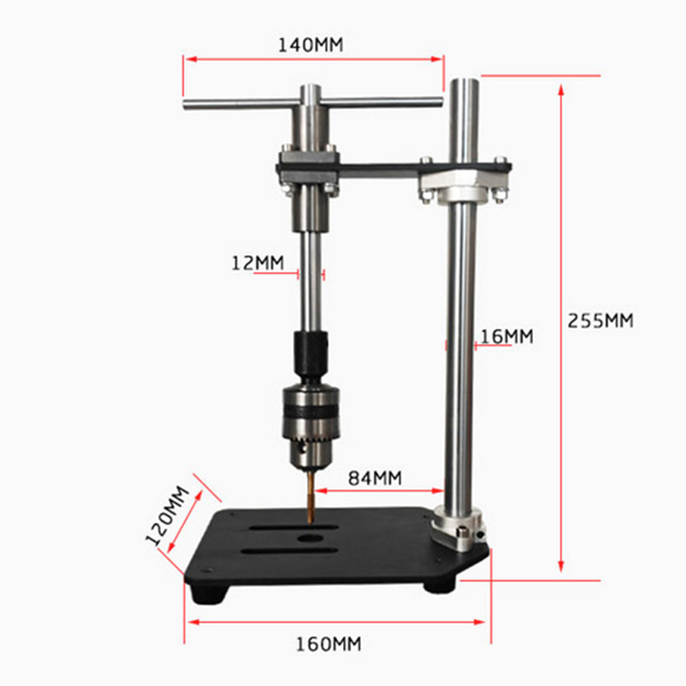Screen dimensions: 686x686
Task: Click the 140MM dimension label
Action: [x=310, y=45]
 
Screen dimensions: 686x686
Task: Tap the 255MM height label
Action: [x=600, y=320]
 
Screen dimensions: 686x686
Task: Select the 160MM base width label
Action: [x=329, y=644]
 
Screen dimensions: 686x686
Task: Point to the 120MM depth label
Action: [x=167, y=516]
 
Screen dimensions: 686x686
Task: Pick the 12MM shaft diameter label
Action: [x=258, y=263]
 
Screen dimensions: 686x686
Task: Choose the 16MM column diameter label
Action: [x=506, y=336]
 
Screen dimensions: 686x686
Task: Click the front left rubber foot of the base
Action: [x=209, y=594]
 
